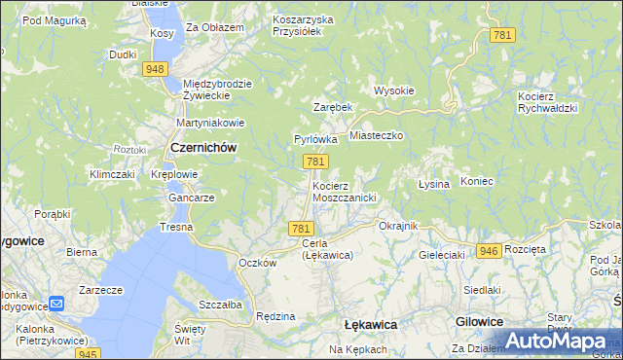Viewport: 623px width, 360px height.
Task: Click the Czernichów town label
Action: click(x=203, y=147)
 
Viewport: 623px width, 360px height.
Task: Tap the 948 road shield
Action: click(x=154, y=69)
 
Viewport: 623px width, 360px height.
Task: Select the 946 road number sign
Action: click(x=490, y=251)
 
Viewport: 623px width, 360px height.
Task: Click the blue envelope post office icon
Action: click(x=57, y=304)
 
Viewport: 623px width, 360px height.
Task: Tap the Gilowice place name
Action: click(x=479, y=321)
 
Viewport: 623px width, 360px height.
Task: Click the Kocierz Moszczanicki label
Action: click(x=343, y=191)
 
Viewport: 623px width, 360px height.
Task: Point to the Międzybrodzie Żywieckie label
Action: click(x=217, y=90)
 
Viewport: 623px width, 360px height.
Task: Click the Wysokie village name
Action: click(x=394, y=90)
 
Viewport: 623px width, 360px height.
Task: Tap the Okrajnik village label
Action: click(x=397, y=226)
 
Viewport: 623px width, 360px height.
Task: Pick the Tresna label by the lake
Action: click(x=177, y=227)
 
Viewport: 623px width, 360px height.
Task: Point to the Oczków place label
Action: click(x=258, y=263)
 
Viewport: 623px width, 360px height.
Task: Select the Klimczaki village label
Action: click(x=111, y=174)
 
